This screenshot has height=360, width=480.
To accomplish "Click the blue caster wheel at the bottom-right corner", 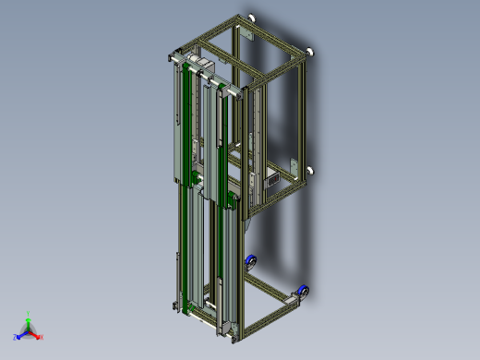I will tap(304, 293).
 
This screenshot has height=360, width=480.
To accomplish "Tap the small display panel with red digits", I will tap(274, 180).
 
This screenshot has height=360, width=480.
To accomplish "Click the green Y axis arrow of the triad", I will tap(28, 318).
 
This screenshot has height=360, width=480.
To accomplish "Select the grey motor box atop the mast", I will tap(202, 66).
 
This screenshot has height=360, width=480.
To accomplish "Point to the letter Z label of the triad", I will tap(15, 338).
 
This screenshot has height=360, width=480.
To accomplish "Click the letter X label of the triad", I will tap(42, 338).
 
